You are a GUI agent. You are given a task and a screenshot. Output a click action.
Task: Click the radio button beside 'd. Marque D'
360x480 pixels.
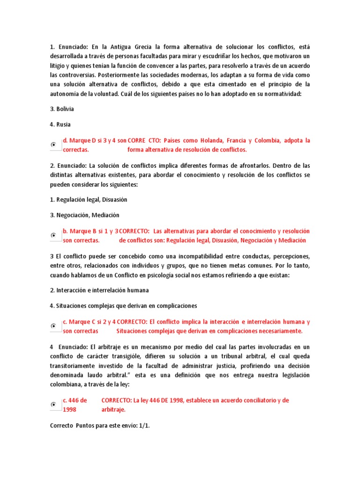click(53, 145)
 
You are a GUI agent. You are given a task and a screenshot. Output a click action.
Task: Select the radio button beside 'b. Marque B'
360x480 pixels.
click(53, 236)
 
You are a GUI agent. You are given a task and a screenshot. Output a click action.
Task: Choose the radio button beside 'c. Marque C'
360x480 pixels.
click(53, 326)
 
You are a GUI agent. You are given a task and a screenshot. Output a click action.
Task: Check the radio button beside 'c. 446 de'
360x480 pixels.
click(53, 405)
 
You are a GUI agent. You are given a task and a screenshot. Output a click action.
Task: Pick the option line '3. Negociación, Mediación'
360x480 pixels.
click(85, 215)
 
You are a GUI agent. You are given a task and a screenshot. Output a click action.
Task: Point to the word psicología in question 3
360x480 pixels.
click(183, 275)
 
